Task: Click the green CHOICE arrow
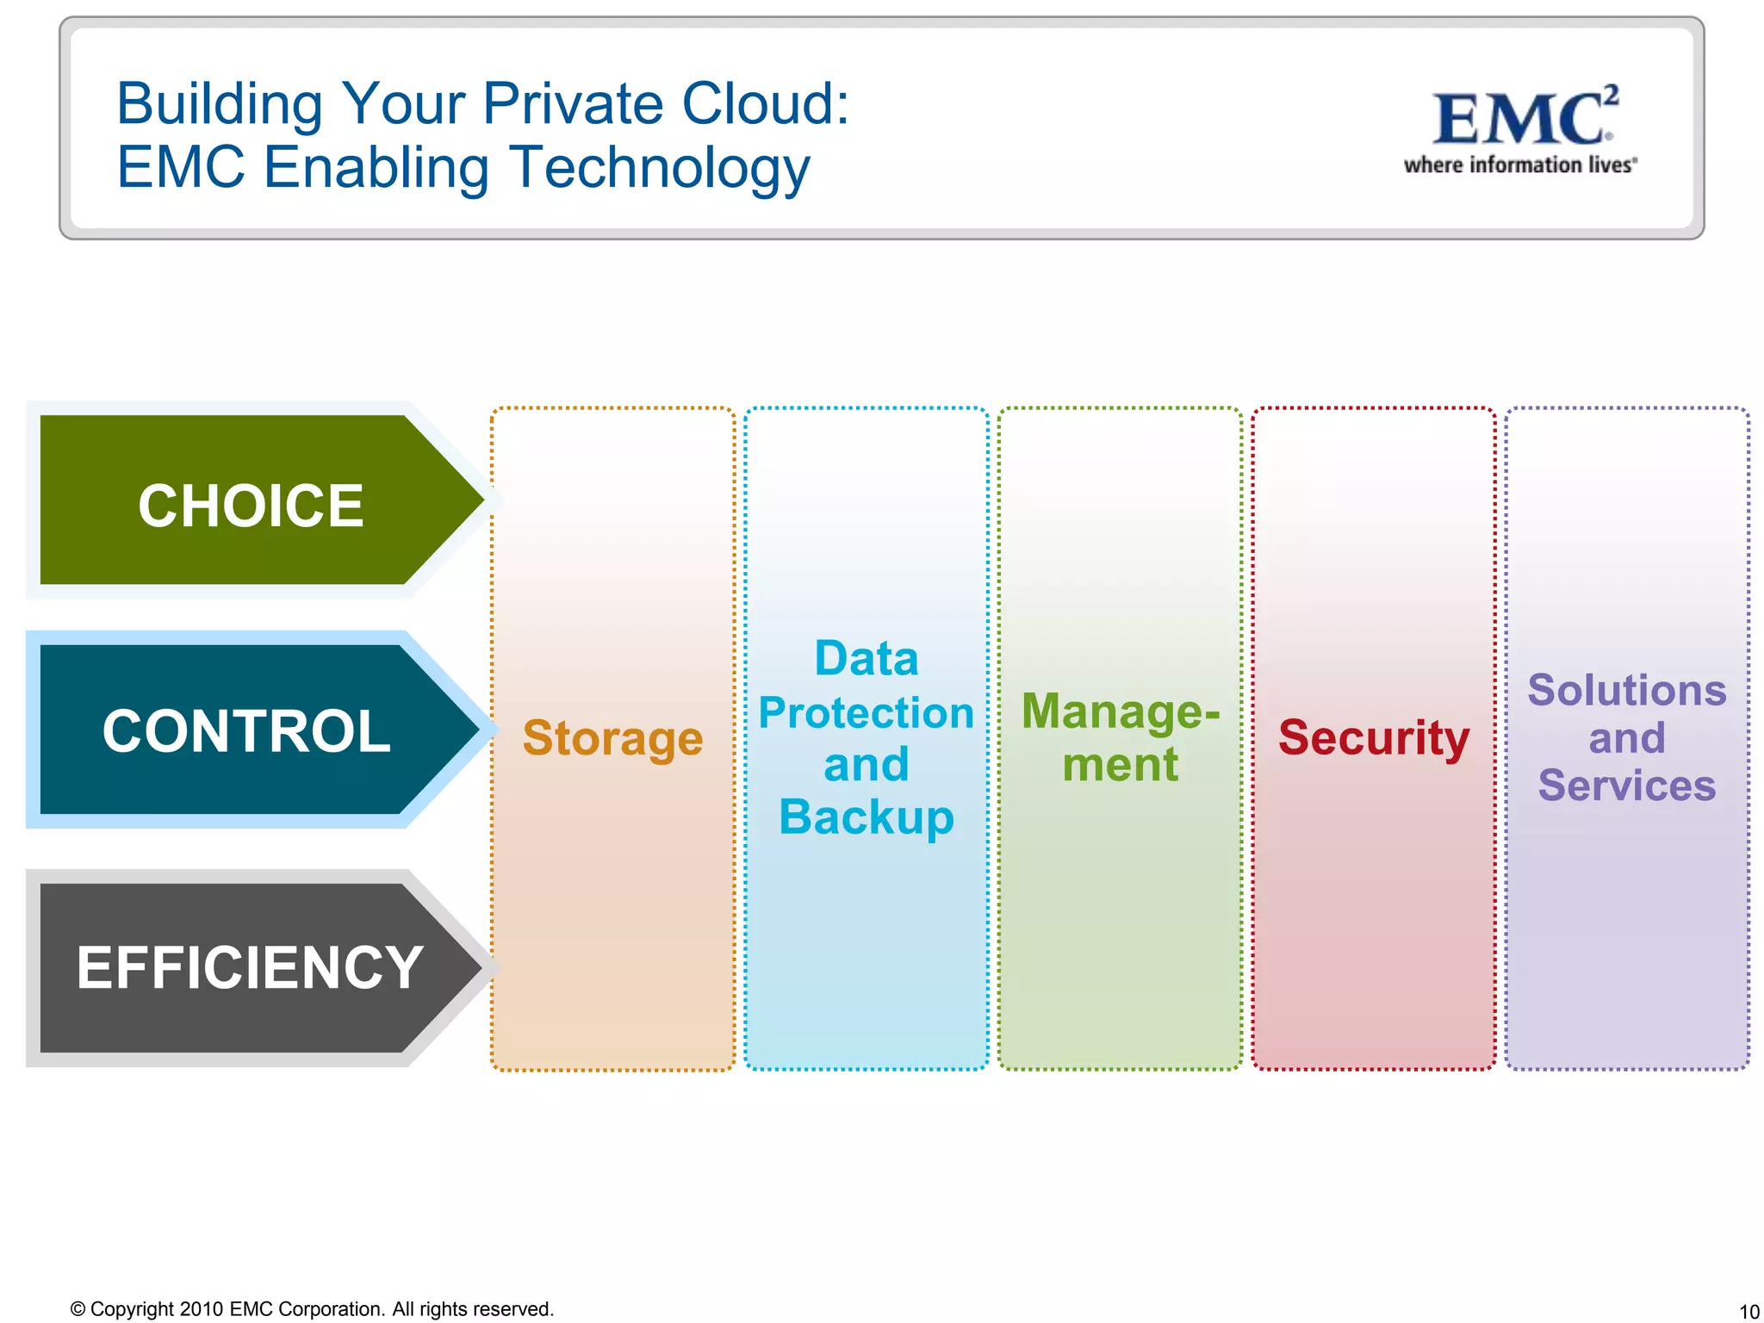tap(250, 504)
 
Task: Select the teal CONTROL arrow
tap(246, 730)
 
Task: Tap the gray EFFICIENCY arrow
tap(249, 967)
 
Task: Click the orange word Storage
tap(612, 738)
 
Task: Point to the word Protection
tap(866, 712)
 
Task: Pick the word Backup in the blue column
tap(866, 817)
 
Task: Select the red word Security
tap(1373, 737)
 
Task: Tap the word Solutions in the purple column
tap(1626, 690)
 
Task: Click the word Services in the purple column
tap(1626, 785)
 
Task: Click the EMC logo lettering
tap(1518, 120)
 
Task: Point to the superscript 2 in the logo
tap(1612, 94)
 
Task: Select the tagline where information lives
tap(1519, 165)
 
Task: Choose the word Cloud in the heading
tap(763, 104)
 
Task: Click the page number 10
tap(1748, 1311)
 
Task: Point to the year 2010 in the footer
tap(202, 1309)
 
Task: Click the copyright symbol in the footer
tap(78, 1309)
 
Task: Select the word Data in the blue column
tap(866, 659)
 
